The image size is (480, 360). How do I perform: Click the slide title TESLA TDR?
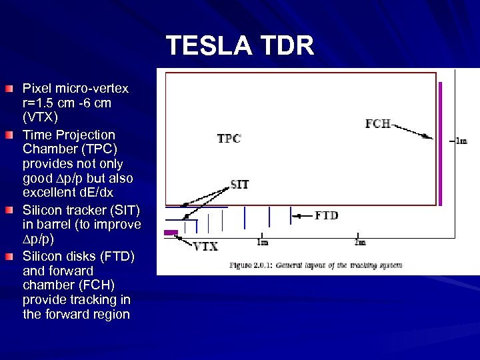(x=240, y=46)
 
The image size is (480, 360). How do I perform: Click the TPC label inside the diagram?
(x=229, y=139)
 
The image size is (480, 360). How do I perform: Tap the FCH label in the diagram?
(x=377, y=123)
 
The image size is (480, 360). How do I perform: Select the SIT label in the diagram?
(x=240, y=184)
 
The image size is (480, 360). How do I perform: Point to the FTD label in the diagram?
(x=326, y=215)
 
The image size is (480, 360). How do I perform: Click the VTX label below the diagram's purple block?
(x=206, y=246)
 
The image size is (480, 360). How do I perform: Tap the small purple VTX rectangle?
(x=171, y=232)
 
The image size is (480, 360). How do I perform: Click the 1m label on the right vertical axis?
(x=461, y=141)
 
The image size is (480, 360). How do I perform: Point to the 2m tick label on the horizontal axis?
(x=360, y=242)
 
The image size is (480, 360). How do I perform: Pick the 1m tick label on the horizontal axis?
(x=263, y=242)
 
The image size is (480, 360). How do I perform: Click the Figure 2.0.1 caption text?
(x=315, y=265)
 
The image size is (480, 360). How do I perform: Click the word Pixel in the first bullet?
(x=37, y=89)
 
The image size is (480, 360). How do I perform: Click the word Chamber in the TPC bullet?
(x=45, y=149)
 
